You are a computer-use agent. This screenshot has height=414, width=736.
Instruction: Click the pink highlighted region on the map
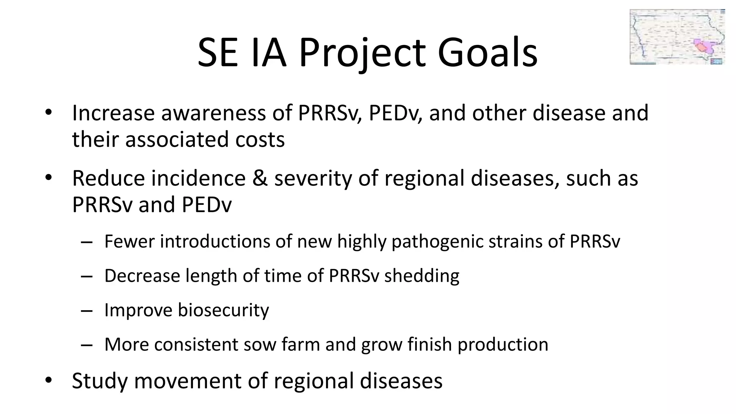(701, 46)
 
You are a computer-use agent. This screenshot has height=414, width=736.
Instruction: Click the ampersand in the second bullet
(260, 179)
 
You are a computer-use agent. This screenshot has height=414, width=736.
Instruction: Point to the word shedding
(422, 276)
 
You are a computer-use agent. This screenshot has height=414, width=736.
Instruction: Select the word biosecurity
(223, 310)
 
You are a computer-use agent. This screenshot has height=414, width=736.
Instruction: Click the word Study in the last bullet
(100, 381)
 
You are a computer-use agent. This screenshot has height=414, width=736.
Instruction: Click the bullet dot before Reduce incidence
(49, 178)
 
